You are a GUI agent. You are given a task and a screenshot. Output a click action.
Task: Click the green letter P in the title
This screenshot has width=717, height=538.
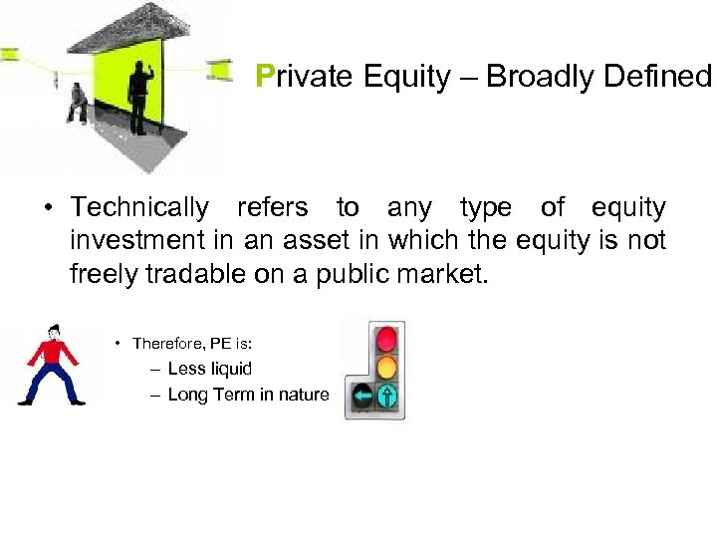tap(264, 77)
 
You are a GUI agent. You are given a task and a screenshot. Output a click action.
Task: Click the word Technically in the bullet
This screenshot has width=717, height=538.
tap(140, 207)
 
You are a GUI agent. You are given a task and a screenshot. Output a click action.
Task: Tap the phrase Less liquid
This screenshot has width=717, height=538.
tap(210, 369)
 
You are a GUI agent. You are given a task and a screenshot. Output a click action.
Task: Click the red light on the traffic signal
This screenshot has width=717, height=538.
tap(385, 338)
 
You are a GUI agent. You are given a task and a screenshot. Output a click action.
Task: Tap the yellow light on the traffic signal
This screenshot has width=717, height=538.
tap(385, 367)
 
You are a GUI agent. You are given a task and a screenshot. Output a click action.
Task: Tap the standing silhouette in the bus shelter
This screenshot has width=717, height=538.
tap(138, 95)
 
